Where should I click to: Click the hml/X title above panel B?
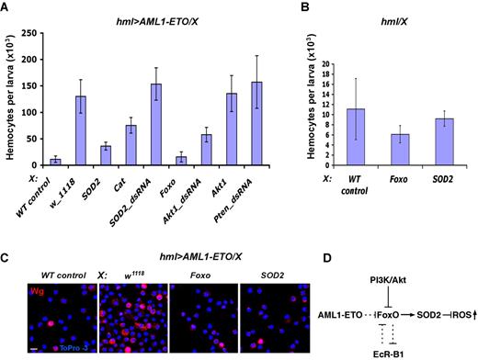(x=404, y=22)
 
